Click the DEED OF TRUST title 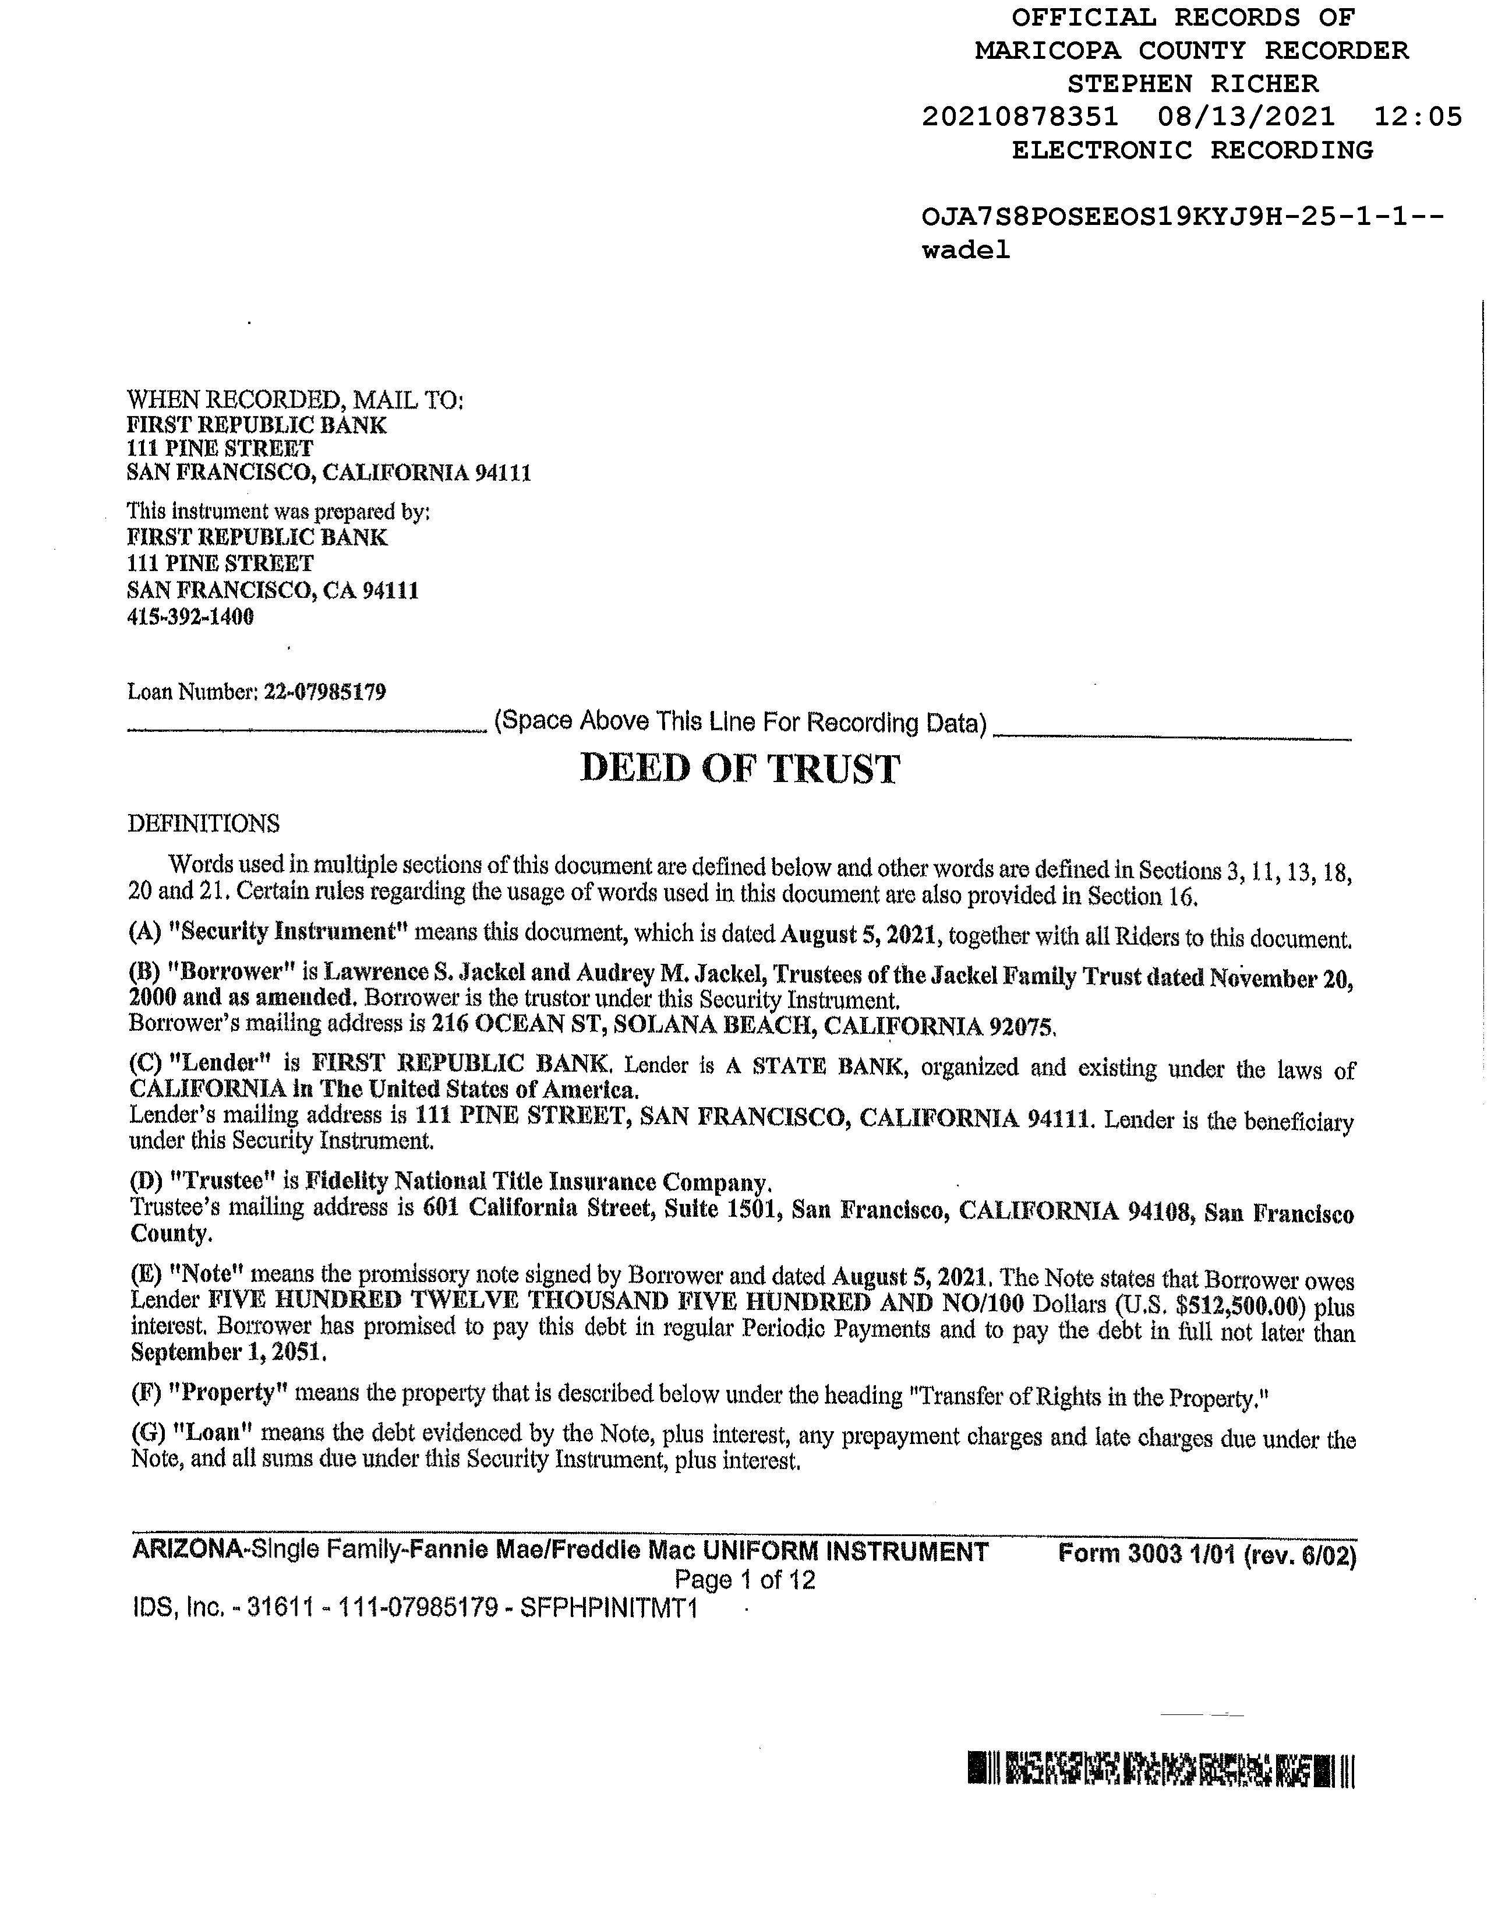point(739,769)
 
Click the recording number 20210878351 point(1019,117)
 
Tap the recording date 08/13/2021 point(1245,117)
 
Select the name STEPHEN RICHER point(1192,84)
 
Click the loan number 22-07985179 point(324,691)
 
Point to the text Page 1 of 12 point(744,1579)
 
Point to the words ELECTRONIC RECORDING point(1192,150)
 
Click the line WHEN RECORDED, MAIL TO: point(295,400)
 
